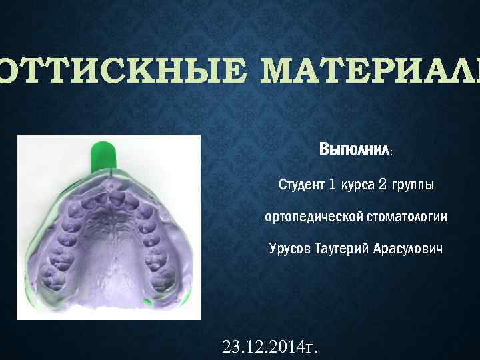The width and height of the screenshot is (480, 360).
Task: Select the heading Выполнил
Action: click(354, 150)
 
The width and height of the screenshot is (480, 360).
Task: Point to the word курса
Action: click(357, 184)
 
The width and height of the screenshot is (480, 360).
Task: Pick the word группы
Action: click(411, 184)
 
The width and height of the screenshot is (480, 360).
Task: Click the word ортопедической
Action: click(313, 217)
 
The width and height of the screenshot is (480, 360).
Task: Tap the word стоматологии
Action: click(406, 217)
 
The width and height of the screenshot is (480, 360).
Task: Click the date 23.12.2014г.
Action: click(270, 347)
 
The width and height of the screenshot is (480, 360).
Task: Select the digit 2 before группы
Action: click(383, 184)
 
